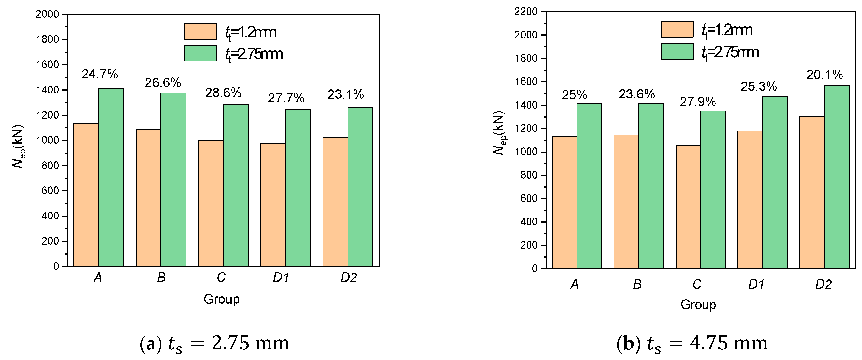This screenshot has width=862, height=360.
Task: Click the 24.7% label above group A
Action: tap(100, 74)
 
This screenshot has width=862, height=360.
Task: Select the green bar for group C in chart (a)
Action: tap(236, 186)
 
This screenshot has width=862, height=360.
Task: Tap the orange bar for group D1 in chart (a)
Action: tap(273, 205)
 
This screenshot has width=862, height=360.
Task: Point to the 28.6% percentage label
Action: tap(223, 93)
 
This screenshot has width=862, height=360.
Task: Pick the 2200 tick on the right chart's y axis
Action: tap(526, 12)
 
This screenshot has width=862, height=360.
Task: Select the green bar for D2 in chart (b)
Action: tap(837, 177)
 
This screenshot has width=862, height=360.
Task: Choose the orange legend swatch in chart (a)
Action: tap(200, 32)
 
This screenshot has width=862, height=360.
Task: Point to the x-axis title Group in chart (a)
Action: tap(221, 299)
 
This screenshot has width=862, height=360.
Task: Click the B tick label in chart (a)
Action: tap(161, 277)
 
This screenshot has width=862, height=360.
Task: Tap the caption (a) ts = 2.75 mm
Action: tap(214, 344)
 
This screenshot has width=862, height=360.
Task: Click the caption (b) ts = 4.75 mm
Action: tap(692, 344)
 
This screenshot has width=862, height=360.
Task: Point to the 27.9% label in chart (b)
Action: tap(698, 102)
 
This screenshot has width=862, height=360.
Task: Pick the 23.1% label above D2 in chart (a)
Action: tap(345, 95)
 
